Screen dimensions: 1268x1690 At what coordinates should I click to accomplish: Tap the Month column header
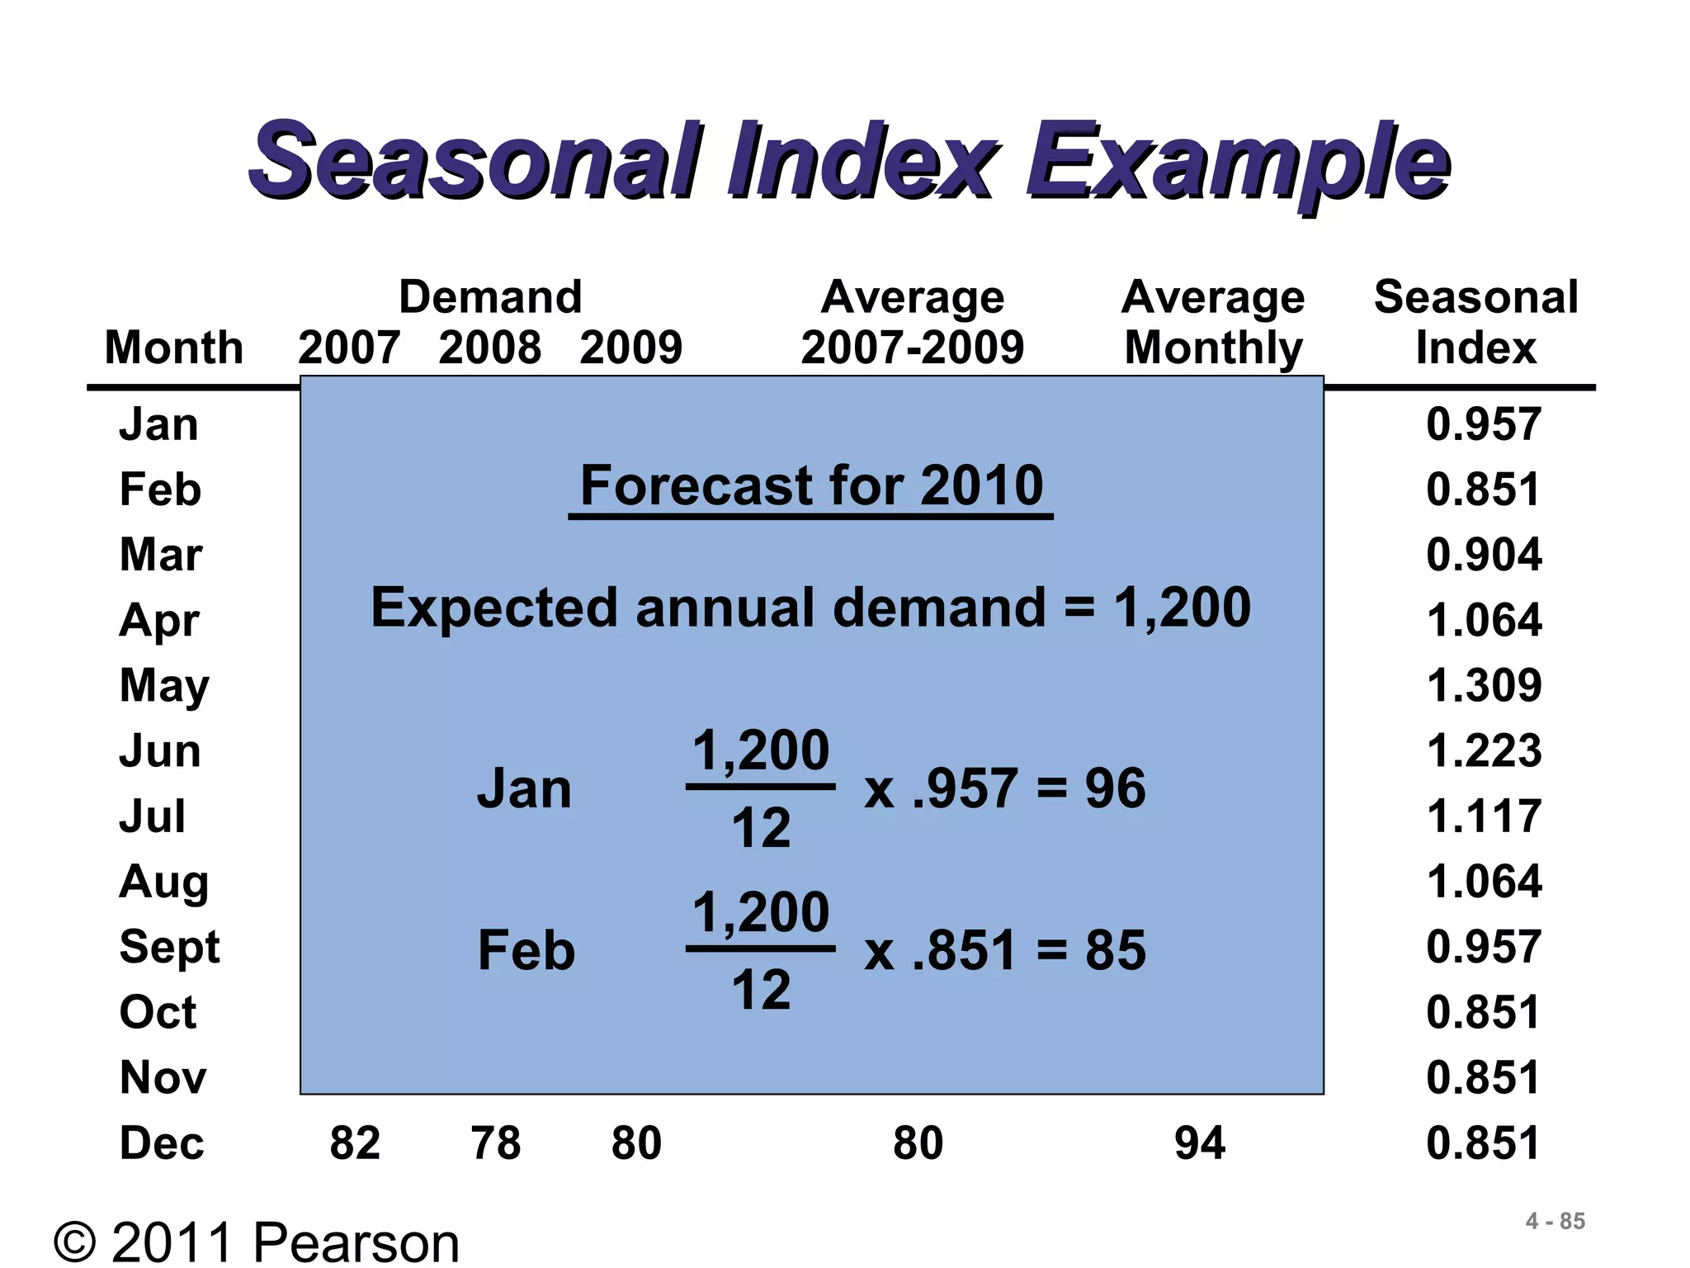click(x=174, y=347)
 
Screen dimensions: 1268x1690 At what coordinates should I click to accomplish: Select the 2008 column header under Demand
click(x=489, y=347)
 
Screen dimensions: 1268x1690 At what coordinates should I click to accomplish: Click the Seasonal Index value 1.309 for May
click(x=1483, y=685)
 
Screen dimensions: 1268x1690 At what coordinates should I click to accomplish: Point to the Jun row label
click(x=160, y=751)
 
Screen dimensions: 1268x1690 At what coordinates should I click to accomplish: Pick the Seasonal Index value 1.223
click(x=1483, y=751)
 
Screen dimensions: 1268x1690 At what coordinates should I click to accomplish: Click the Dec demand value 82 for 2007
click(x=355, y=1143)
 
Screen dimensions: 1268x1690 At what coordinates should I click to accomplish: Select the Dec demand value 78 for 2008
click(x=495, y=1143)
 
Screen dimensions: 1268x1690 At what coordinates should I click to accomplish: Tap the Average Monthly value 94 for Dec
click(x=1199, y=1143)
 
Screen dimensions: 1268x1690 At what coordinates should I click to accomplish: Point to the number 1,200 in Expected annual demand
click(x=1182, y=608)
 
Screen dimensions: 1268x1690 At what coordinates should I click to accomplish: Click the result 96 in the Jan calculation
click(x=1115, y=788)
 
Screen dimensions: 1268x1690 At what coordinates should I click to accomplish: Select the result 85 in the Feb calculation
click(x=1115, y=950)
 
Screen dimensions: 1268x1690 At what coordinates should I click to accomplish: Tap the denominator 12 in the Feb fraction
click(x=761, y=990)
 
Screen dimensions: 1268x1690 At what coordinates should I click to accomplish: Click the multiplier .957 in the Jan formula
click(x=964, y=788)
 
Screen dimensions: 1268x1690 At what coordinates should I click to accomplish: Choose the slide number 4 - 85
click(x=1555, y=1221)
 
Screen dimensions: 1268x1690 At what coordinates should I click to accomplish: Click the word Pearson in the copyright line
click(x=356, y=1242)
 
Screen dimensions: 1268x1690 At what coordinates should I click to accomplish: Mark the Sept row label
click(x=169, y=947)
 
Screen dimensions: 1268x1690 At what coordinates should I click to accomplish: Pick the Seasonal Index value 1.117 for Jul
click(x=1483, y=816)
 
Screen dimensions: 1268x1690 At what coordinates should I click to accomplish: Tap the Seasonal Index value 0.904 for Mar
click(x=1483, y=555)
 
